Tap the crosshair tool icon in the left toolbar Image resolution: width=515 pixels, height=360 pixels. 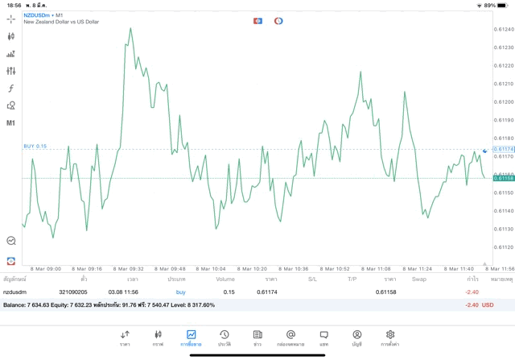point(11,19)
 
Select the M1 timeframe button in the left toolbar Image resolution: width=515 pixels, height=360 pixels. point(11,123)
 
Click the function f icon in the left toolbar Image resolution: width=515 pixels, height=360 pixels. point(11,88)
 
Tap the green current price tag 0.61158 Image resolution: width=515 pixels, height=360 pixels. point(504,178)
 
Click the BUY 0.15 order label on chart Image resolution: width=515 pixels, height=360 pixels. point(35,147)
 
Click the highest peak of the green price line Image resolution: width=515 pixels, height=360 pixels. point(130,29)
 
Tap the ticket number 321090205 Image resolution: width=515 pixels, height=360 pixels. point(73,292)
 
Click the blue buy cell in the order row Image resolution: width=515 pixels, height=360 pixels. point(180,292)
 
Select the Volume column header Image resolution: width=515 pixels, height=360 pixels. point(225,279)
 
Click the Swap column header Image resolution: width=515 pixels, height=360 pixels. point(419,279)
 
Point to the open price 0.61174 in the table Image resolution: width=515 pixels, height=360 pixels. point(267,292)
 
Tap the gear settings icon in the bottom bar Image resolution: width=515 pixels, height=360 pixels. point(390,337)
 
